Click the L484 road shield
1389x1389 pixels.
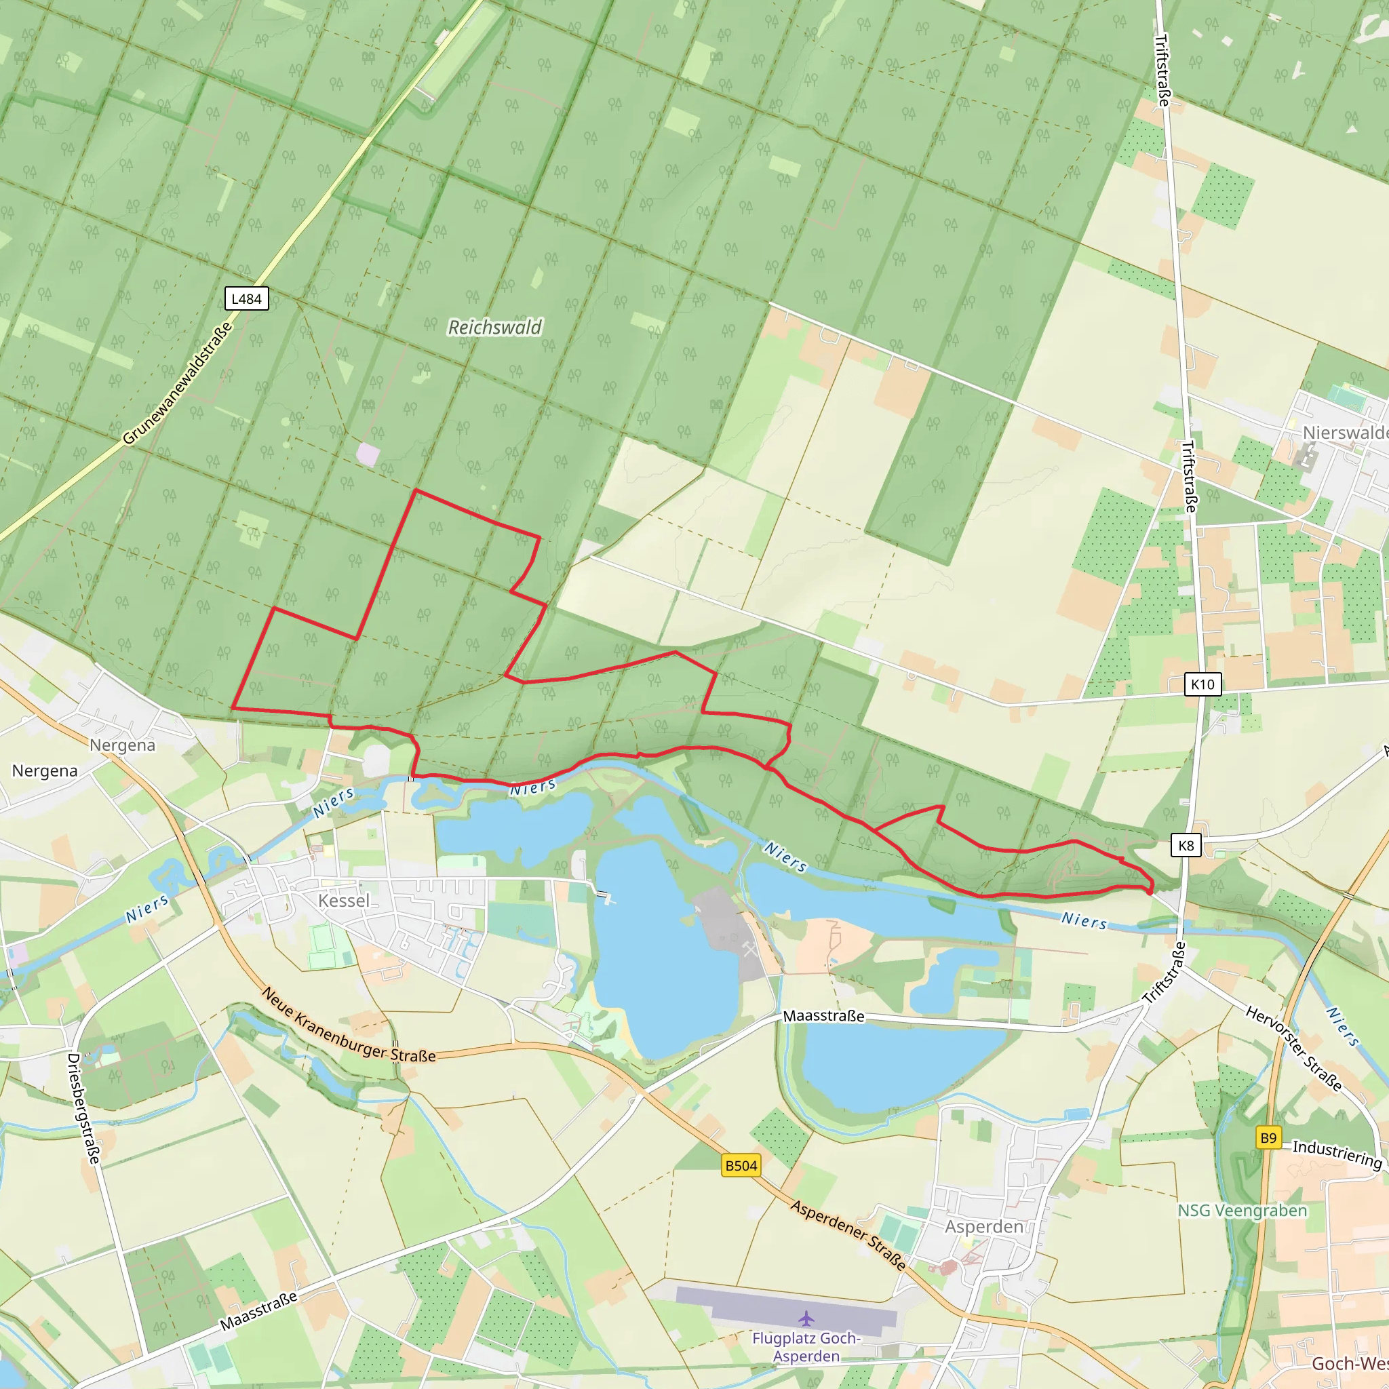[x=246, y=299]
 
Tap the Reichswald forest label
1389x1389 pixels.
[x=494, y=328]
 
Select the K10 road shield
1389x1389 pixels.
[x=1202, y=684]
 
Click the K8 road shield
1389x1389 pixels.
[x=1186, y=846]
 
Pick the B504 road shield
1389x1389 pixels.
[x=741, y=1165]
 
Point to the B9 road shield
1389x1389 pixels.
[x=1268, y=1138]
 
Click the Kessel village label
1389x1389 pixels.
[x=344, y=901]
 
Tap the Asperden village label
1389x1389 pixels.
[x=983, y=1226]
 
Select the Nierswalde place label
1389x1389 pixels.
[x=1344, y=433]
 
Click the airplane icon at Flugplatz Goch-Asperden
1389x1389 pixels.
[x=806, y=1318]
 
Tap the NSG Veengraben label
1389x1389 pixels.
[x=1243, y=1211]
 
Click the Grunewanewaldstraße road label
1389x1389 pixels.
[x=178, y=383]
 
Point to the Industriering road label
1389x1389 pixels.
[x=1337, y=1154]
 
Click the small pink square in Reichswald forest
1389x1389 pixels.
[x=368, y=454]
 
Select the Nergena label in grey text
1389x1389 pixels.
[x=122, y=745]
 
